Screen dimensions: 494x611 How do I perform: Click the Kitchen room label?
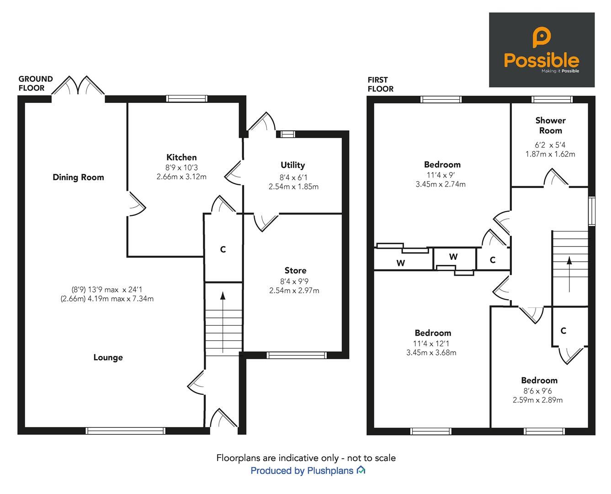[x=181, y=157]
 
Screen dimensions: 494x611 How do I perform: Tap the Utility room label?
[x=292, y=165]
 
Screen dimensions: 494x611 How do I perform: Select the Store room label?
[x=295, y=270]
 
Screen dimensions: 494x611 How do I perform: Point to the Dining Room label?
[x=78, y=177]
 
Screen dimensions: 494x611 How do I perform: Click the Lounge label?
[x=108, y=358]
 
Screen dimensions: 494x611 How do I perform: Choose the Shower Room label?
[x=550, y=125]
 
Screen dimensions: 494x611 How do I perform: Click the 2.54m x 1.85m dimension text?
[x=293, y=187]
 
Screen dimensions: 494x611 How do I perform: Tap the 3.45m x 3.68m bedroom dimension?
[x=431, y=353]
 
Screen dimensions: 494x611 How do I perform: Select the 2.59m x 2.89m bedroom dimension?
[x=537, y=400]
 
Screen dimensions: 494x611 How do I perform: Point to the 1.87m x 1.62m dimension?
[x=550, y=154]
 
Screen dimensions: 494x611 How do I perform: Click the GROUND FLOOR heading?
[x=36, y=83]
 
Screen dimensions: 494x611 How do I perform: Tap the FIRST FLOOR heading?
[x=380, y=84]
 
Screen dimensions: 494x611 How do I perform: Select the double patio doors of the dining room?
[x=78, y=86]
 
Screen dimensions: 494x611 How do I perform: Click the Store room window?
[x=297, y=355]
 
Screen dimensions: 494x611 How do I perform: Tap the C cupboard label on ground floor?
[x=223, y=250]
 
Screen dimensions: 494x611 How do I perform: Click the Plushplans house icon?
[x=361, y=470]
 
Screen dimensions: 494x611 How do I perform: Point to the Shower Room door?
[x=556, y=178]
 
